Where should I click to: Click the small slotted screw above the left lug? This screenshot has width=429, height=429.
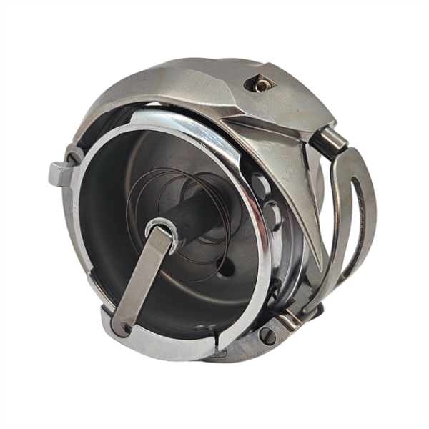[x=74, y=153]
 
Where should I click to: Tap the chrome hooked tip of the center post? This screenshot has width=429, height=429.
[x=159, y=230]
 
